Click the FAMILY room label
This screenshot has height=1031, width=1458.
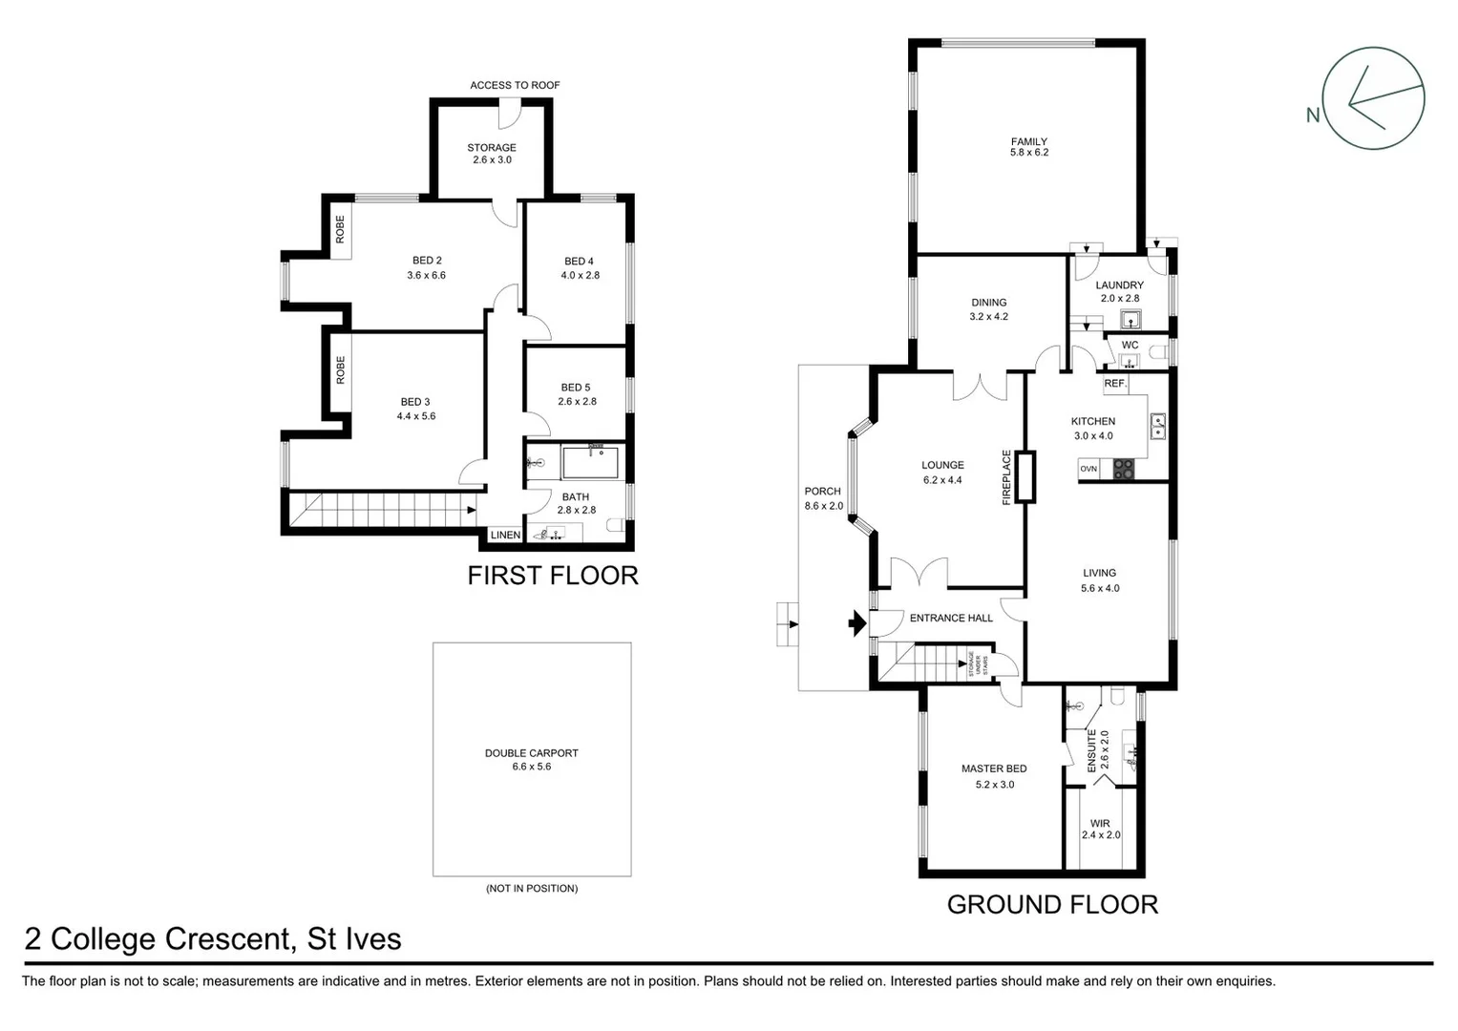pos(1028,141)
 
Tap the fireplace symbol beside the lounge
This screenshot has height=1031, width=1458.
pos(1026,477)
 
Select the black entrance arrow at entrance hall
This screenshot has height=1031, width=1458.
pos(856,624)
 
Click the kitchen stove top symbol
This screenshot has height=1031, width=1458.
pos(1123,469)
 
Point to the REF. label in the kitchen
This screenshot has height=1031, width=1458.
pos(1115,383)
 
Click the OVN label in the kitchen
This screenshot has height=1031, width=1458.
pos(1088,469)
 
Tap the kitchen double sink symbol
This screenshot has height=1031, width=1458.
pos(1157,426)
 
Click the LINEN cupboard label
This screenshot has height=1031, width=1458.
pos(505,536)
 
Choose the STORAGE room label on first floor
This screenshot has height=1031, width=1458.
pos(492,147)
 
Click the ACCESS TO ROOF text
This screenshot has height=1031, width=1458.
pos(515,85)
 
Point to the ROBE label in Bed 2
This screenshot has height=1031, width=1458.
pos(340,229)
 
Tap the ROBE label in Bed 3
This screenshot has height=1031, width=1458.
pos(340,370)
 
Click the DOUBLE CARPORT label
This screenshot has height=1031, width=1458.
pos(531,753)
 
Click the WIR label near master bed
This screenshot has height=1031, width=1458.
pos(1100,823)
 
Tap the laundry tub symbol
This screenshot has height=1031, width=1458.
pos(1130,319)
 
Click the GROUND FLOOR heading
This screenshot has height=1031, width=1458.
pos(1052,904)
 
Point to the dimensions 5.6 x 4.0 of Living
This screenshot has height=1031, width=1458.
pos(1100,589)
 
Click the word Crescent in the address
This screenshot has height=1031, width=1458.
pos(226,939)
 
